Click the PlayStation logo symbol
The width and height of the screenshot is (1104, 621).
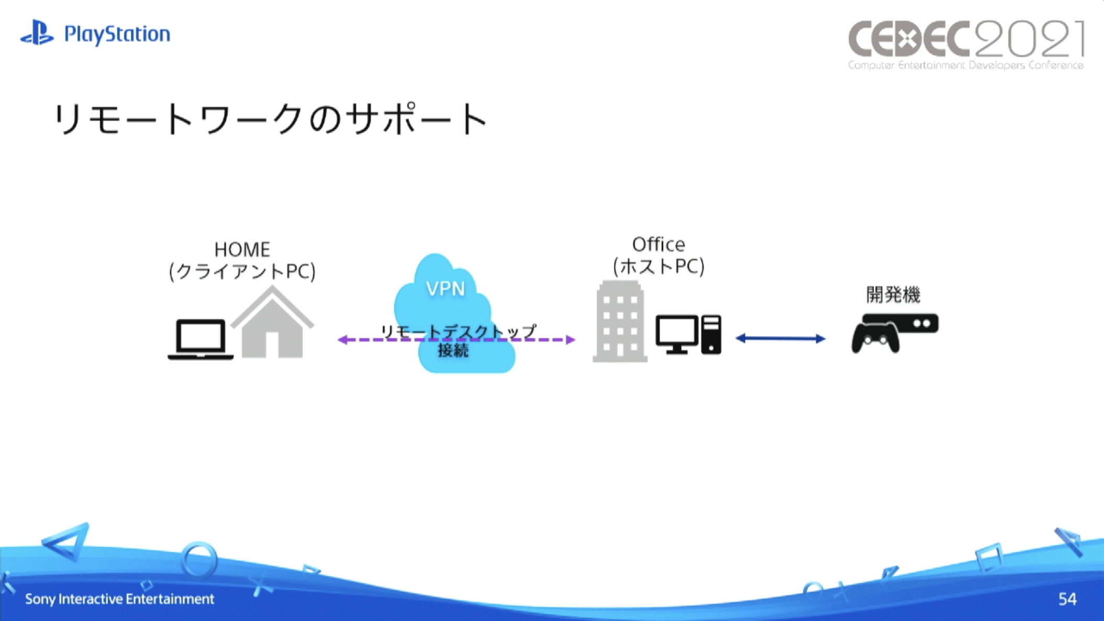coord(37,33)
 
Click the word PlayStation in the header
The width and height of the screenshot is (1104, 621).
coord(117,35)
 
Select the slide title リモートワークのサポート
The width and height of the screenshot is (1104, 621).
coord(271,119)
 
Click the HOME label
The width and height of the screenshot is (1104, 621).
coord(242,250)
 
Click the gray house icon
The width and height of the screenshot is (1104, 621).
coord(272,324)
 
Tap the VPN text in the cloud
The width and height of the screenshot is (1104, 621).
coord(445,289)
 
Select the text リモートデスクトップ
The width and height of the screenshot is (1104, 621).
coord(458,330)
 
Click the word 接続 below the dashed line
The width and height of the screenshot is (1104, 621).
coord(453,350)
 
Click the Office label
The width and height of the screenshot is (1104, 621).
coord(658,245)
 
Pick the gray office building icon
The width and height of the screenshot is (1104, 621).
coord(620,321)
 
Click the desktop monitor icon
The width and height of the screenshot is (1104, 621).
coord(676,334)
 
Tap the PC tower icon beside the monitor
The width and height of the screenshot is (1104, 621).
coord(711,334)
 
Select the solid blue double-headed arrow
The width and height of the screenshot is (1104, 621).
coord(780,338)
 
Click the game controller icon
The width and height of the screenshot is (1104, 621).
coord(875,338)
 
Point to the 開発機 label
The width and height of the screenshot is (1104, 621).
coord(893,295)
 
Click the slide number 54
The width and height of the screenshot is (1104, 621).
coord(1067,598)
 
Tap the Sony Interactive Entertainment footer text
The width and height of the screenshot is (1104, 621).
coord(119,598)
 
